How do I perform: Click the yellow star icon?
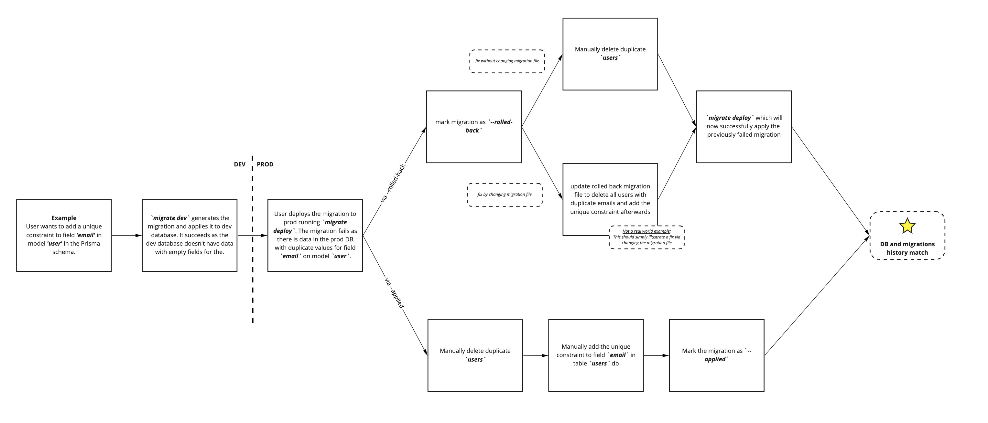(907, 226)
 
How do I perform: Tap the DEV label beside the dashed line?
(240, 164)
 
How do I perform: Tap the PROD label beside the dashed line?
(265, 164)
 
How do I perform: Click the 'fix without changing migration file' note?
(507, 61)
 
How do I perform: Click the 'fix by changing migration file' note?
(505, 195)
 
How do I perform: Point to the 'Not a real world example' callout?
(647, 237)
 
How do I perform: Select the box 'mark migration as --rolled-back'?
(474, 127)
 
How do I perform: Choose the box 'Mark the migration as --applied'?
(716, 355)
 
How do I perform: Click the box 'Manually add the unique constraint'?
(596, 355)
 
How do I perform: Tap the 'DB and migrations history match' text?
(907, 248)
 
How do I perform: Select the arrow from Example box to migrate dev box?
(126, 235)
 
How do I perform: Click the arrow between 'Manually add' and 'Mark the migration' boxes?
(656, 355)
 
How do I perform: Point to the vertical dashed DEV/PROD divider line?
(252, 268)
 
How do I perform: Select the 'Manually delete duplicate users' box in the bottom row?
(475, 355)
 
